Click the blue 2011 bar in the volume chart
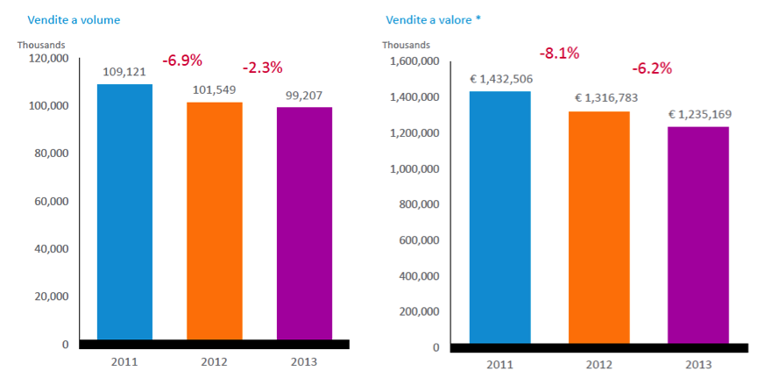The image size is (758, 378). (x=124, y=211)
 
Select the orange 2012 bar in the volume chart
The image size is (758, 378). (x=215, y=220)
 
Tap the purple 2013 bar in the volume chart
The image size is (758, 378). (x=304, y=223)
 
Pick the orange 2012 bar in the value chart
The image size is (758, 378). (x=599, y=227)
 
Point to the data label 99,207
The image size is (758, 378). (x=305, y=96)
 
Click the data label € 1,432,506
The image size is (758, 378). (x=500, y=79)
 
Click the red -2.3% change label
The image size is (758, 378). (x=262, y=68)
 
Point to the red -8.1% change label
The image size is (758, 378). (x=559, y=53)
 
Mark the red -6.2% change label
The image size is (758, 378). (x=653, y=68)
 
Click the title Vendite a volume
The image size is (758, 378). (x=74, y=19)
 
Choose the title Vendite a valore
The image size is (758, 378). (x=433, y=19)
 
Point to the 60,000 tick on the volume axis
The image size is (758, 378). (x=51, y=201)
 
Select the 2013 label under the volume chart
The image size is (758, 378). (x=304, y=360)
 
